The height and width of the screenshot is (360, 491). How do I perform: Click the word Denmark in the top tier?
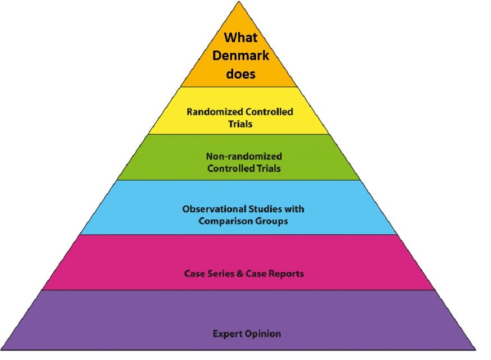pos(239,56)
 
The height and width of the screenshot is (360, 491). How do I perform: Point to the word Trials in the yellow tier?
pos(240,123)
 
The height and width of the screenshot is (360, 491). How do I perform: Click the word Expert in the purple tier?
pos(226,334)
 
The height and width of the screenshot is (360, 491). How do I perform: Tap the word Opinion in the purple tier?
pos(262,334)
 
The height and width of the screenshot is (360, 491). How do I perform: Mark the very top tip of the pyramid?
pos(240,2)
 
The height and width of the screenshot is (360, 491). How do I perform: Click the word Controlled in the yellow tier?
pos(267,112)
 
